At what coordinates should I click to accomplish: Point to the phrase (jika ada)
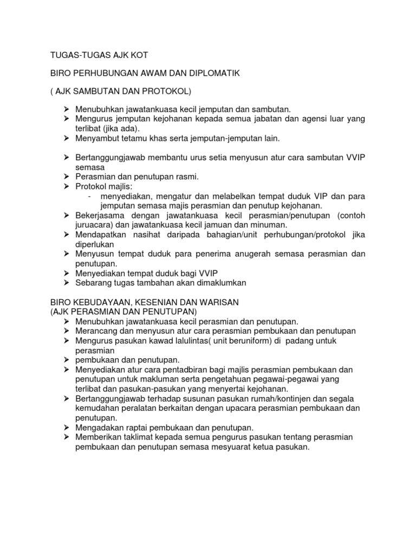[122, 128]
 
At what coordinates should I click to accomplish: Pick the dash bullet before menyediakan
[89, 196]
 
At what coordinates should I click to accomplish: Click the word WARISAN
[223, 302]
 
